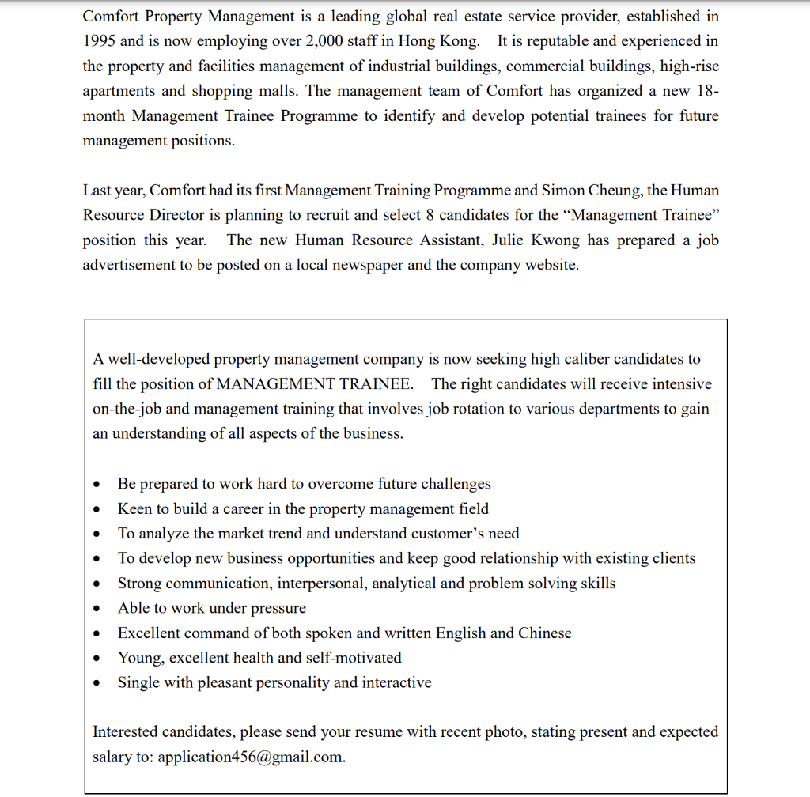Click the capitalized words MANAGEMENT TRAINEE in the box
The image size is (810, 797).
point(314,383)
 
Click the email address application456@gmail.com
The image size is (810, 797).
point(252,756)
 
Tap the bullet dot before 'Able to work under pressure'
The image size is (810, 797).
point(97,609)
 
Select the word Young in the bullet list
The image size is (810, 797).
point(139,657)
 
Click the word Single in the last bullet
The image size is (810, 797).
point(138,682)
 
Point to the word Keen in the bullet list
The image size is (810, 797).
point(134,508)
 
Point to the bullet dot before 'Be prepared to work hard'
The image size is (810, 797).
point(97,485)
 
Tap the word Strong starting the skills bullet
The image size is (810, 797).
point(140,583)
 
